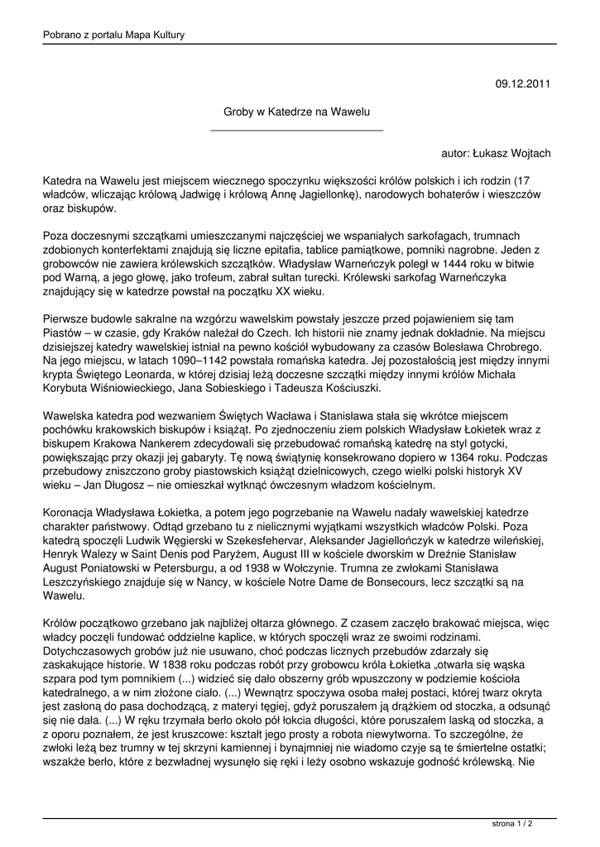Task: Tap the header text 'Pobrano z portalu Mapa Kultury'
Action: (113, 35)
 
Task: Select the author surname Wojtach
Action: (527, 153)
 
